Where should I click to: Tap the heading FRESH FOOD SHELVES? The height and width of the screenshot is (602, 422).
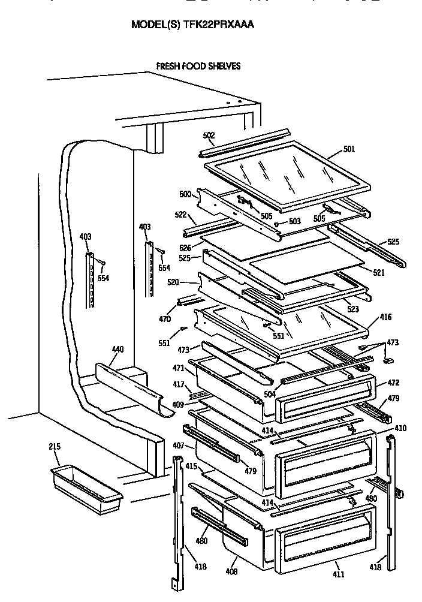pos(198,66)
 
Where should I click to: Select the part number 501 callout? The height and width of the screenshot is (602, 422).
pos(349,149)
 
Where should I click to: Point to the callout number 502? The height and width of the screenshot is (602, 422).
pos(209,136)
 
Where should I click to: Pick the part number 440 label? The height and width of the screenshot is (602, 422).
pos(117,349)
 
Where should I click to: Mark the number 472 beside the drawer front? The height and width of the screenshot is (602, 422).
pos(393,383)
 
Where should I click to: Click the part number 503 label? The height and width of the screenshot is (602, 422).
pos(294,222)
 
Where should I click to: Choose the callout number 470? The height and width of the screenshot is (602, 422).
pos(164,319)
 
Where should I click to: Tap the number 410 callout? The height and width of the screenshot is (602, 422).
pos(400,428)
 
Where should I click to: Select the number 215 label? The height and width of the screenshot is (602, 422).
pos(55,447)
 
